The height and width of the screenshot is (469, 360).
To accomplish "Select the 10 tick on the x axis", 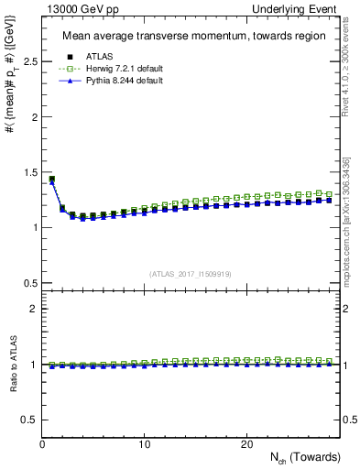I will pyautogui.click(x=145, y=444).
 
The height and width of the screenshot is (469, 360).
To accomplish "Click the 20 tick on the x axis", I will pyautogui.click(x=245, y=444).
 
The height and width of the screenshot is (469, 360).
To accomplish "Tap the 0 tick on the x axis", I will pyautogui.click(x=43, y=444).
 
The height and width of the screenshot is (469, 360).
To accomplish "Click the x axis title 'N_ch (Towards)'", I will pyautogui.click(x=305, y=457).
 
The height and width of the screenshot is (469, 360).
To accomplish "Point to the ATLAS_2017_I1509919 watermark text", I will pyautogui.click(x=190, y=274).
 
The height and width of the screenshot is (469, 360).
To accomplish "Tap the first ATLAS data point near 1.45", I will pyautogui.click(x=52, y=180).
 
